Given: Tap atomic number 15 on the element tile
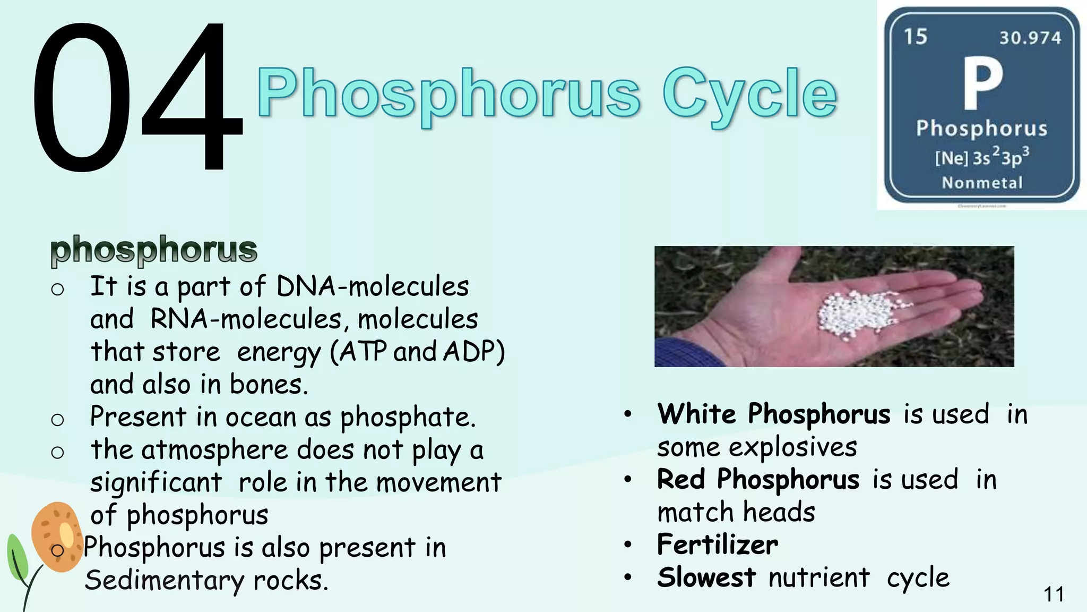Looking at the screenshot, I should coord(916,37).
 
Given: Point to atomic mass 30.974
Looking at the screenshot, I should coord(1030,38).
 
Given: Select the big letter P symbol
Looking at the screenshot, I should coord(983,83).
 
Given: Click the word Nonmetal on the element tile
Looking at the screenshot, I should coord(982,183).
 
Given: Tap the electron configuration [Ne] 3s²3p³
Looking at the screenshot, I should coord(982,157).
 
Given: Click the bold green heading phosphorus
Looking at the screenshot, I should coord(154,249).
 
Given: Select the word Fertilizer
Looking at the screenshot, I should coord(718,545).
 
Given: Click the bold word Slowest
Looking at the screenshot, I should coord(706,577).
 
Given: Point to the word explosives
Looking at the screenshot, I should coord(793,447).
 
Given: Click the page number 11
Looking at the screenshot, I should coord(1054,594).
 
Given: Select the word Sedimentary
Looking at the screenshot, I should coord(165,580).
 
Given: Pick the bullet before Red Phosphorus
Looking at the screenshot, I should coord(628,480).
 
